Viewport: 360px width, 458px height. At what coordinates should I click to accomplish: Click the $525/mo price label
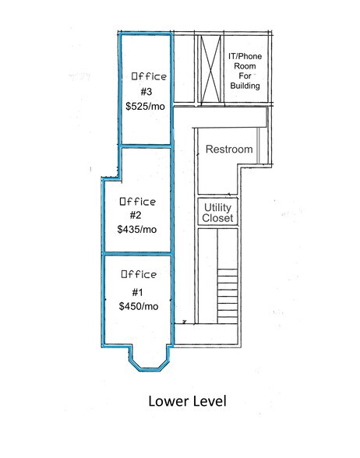(145, 106)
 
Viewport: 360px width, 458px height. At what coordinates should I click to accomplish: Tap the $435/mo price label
(137, 229)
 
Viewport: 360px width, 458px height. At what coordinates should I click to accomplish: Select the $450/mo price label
(139, 306)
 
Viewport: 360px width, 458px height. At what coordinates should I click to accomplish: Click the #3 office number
(146, 92)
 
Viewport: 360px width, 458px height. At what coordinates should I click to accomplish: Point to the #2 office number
(136, 215)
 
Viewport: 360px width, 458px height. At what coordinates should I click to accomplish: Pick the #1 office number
(137, 292)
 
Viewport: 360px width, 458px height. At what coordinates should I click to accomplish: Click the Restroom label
(229, 150)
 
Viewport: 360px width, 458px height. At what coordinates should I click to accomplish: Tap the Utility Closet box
(217, 212)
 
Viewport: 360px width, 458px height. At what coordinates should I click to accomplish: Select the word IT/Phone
(245, 56)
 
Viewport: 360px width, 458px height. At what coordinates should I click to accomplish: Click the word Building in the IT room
(245, 86)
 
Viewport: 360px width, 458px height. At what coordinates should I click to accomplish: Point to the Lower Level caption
(187, 401)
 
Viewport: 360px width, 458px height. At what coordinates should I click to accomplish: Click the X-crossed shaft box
(211, 69)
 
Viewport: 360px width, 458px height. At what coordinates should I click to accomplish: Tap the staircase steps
(228, 296)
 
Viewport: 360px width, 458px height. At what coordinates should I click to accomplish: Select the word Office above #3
(149, 76)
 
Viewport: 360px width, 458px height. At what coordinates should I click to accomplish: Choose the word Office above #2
(138, 202)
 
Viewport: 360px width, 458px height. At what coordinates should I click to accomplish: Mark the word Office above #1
(139, 274)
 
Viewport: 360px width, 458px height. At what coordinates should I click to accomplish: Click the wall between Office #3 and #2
(146, 146)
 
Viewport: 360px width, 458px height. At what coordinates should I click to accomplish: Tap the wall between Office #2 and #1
(137, 253)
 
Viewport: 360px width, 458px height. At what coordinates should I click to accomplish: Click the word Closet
(217, 218)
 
